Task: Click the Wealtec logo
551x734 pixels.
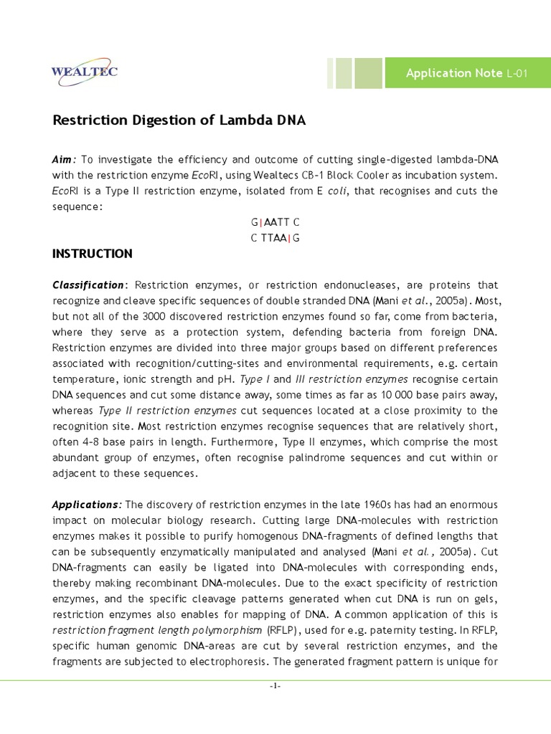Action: [x=85, y=72]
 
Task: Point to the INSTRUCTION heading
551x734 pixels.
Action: [x=93, y=254]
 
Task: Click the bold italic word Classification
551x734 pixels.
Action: [x=88, y=285]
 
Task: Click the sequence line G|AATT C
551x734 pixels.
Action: [x=275, y=223]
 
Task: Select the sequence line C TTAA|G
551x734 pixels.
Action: [x=275, y=238]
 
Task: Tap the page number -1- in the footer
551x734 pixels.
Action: [x=275, y=686]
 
